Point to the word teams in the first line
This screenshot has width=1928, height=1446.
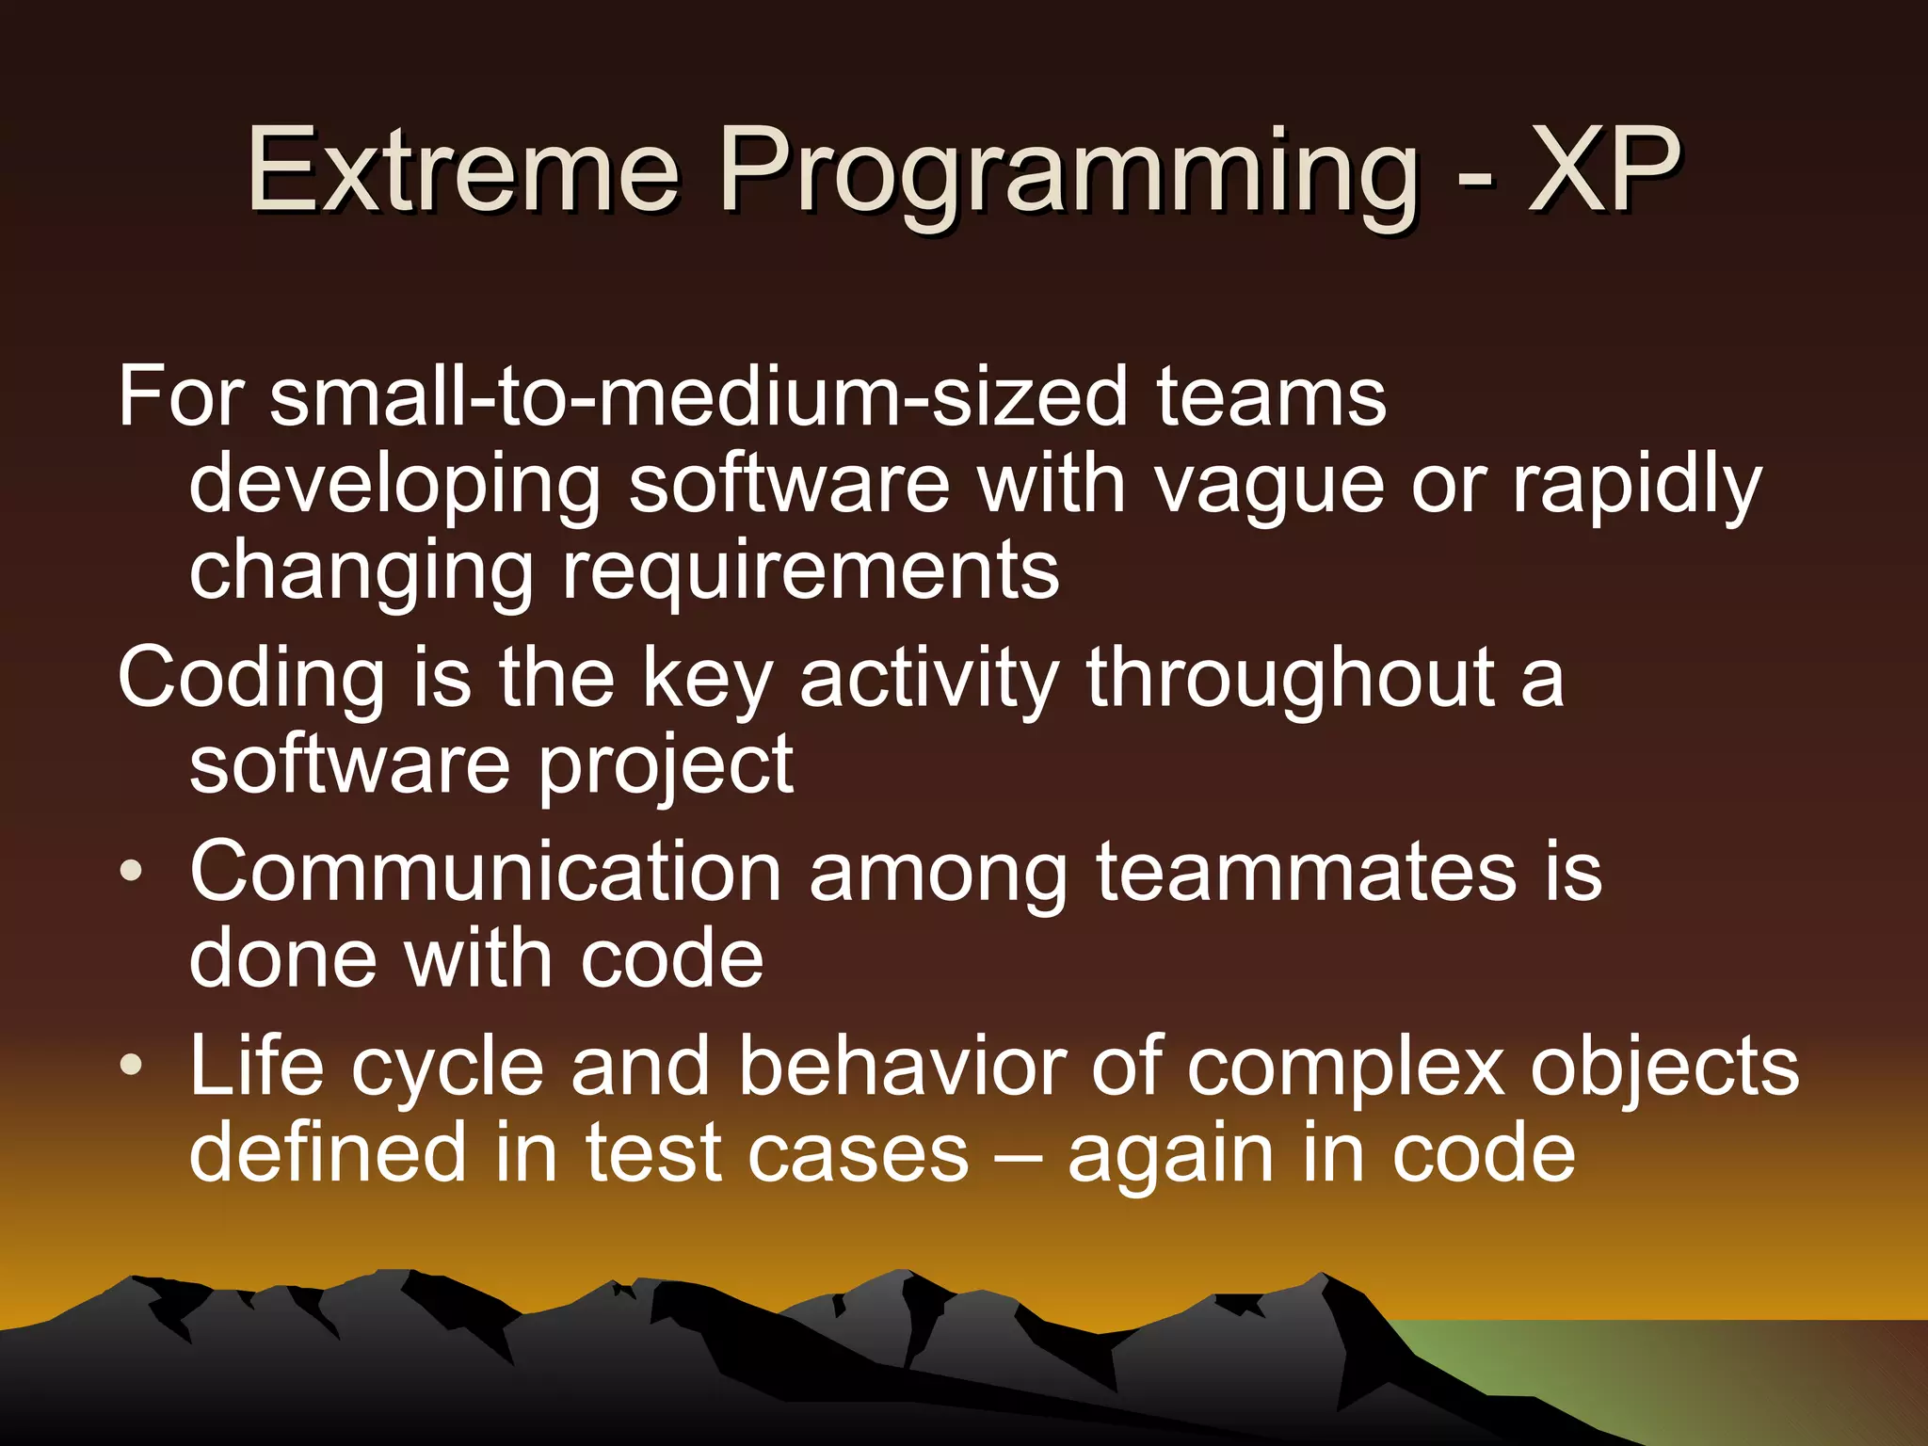point(1271,397)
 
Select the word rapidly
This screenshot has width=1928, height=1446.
point(1636,486)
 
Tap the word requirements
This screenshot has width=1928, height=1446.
point(811,572)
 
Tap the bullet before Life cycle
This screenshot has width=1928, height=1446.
point(132,1066)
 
